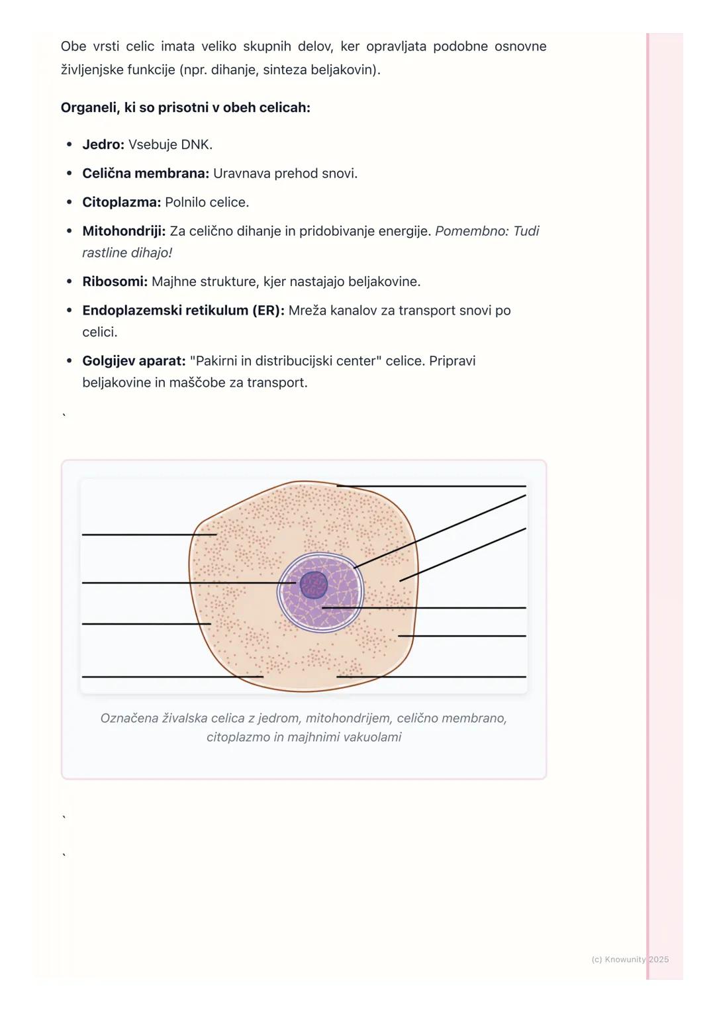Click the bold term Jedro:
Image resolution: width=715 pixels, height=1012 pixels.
103,144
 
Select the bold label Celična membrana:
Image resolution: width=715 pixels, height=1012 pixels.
146,174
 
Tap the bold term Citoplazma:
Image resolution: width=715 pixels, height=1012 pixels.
122,202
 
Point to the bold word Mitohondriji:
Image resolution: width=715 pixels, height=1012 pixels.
124,231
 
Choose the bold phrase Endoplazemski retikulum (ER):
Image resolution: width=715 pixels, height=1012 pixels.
183,311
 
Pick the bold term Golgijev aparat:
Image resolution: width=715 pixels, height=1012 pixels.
134,361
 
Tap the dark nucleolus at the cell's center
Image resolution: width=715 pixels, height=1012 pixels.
314,585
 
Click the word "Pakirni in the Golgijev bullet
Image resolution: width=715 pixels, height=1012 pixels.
215,361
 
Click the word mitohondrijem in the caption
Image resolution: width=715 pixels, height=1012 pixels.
348,718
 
